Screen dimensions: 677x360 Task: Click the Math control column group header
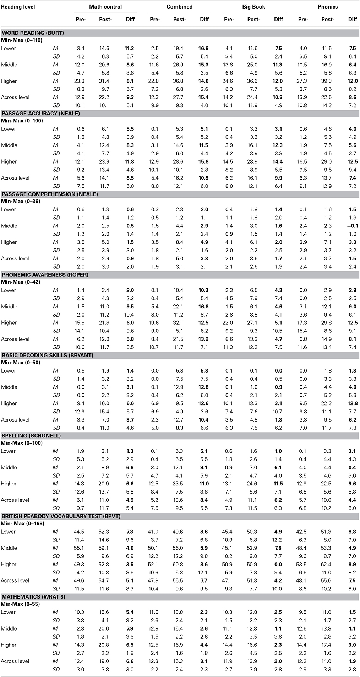click(x=105, y=7)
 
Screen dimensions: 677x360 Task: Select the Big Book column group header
click(x=253, y=7)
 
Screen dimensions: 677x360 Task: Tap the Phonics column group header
click(x=328, y=7)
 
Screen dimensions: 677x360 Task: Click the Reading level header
click(x=18, y=7)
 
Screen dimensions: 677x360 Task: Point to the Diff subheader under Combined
click(x=204, y=19)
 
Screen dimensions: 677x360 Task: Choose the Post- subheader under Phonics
click(x=327, y=19)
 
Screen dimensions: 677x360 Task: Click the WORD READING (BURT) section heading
click(x=33, y=33)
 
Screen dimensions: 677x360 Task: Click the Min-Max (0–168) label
click(x=22, y=523)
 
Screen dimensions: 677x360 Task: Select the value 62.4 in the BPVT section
click(x=327, y=565)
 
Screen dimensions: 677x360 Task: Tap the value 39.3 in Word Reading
click(x=327, y=81)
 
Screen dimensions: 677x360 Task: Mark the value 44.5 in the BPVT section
click(x=81, y=532)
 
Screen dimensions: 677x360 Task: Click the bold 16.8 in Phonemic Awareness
click(x=204, y=307)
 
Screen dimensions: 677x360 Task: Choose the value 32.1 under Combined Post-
click(x=179, y=323)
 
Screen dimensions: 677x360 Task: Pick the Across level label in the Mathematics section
click(x=15, y=661)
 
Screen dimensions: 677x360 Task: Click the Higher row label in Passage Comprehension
click(x=9, y=242)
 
